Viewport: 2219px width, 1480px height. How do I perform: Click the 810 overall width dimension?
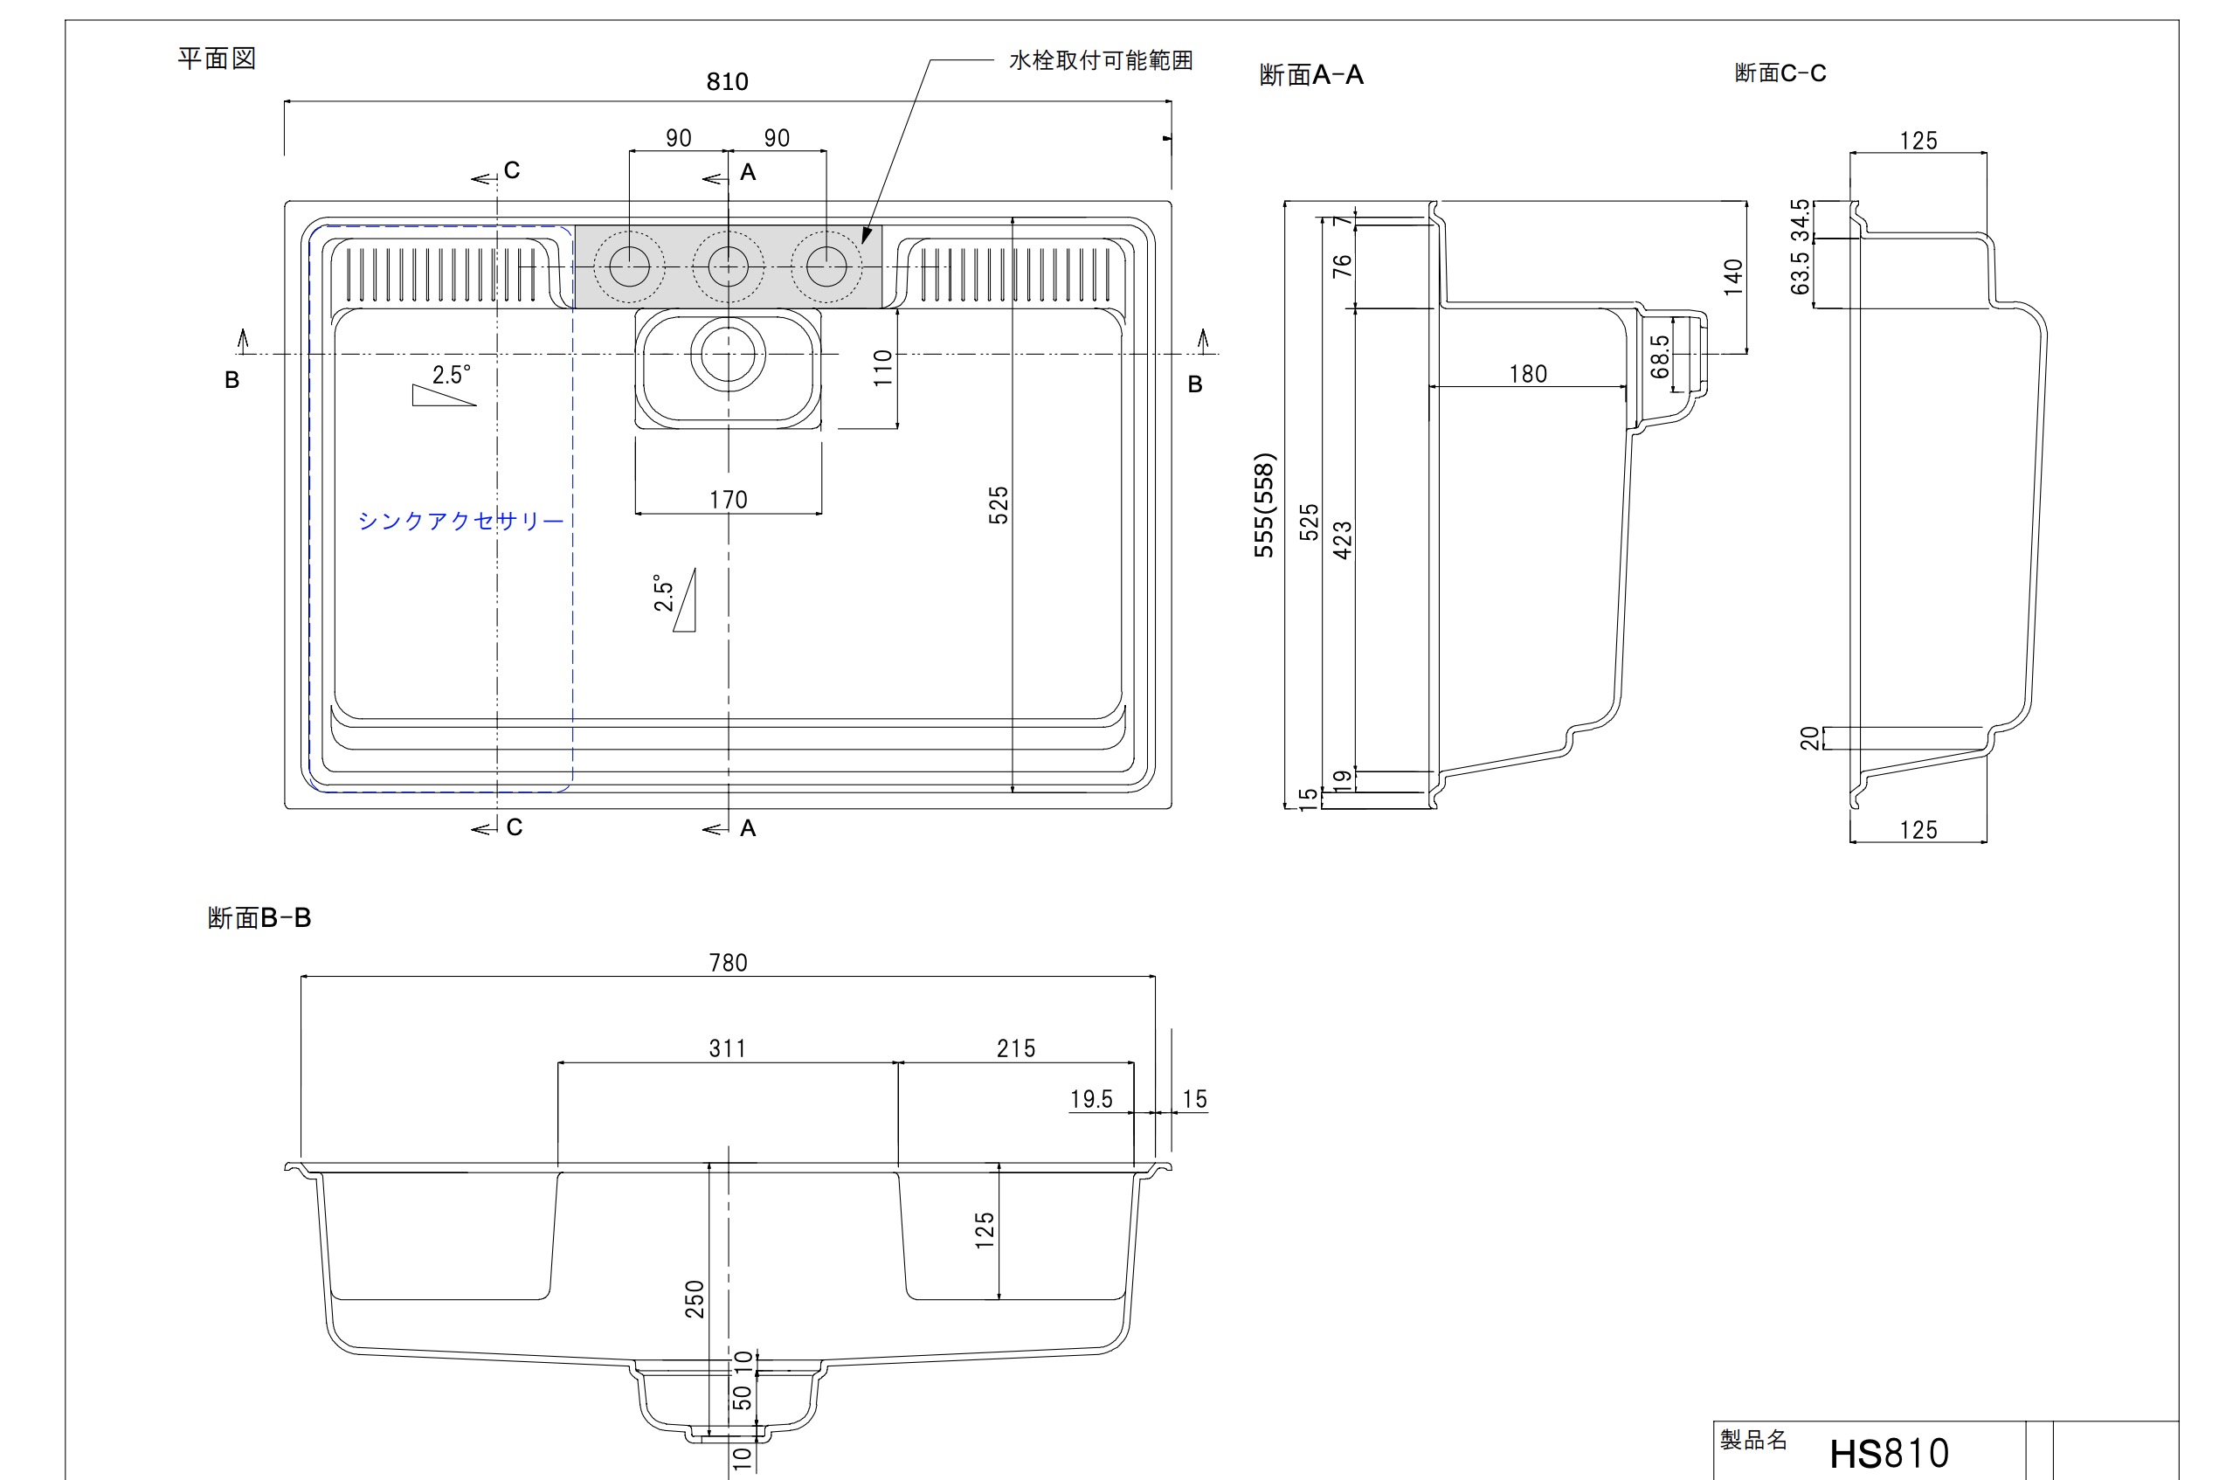(x=727, y=82)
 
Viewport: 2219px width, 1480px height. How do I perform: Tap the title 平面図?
(x=217, y=59)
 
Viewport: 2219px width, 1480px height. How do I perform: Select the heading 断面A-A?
(x=1311, y=74)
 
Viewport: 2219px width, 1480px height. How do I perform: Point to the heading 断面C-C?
(x=1780, y=73)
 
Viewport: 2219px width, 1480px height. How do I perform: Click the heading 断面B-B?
(x=259, y=917)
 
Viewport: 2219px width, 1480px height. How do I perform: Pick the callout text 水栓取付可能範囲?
(x=1101, y=60)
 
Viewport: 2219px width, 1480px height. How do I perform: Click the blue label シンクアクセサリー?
(x=460, y=521)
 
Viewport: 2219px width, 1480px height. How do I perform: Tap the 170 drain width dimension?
(x=728, y=500)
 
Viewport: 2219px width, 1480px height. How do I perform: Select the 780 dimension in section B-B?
(x=728, y=963)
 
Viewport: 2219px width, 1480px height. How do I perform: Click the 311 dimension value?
(x=727, y=1048)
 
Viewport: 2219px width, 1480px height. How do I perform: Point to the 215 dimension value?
(x=1016, y=1048)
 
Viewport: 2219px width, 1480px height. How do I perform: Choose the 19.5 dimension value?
(x=1091, y=1100)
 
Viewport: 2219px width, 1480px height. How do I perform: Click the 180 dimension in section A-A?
(x=1528, y=375)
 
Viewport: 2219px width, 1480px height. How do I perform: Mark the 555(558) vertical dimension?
(x=1265, y=506)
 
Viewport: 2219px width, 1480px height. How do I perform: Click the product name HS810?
(x=1889, y=1454)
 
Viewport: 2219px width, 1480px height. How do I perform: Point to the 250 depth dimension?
(x=695, y=1299)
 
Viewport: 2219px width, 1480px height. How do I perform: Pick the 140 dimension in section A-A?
(x=1733, y=278)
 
